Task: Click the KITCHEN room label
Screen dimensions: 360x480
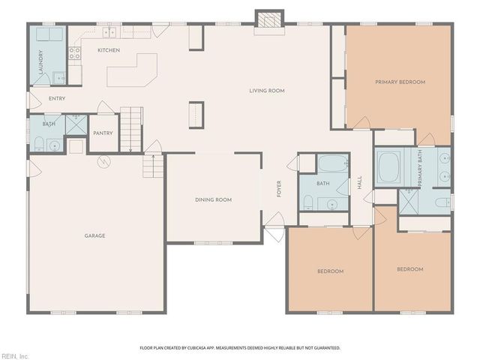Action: pos(109,50)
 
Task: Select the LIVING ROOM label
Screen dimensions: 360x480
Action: pos(267,91)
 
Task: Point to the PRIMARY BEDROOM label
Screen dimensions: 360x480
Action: pos(400,82)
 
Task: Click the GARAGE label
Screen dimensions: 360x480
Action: pos(94,235)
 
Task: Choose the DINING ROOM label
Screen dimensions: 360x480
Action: pos(213,199)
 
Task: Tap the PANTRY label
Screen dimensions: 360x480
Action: pos(103,133)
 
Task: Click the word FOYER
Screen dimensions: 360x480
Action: pos(279,188)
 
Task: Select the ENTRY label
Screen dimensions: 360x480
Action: pos(57,98)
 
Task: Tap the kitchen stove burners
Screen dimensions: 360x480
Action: pos(74,52)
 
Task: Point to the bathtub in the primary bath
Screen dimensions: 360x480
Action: pos(390,167)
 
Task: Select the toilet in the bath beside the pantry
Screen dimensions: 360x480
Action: pos(38,145)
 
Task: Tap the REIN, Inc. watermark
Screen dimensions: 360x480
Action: pos(14,355)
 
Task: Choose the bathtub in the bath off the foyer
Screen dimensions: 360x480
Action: pos(331,163)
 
